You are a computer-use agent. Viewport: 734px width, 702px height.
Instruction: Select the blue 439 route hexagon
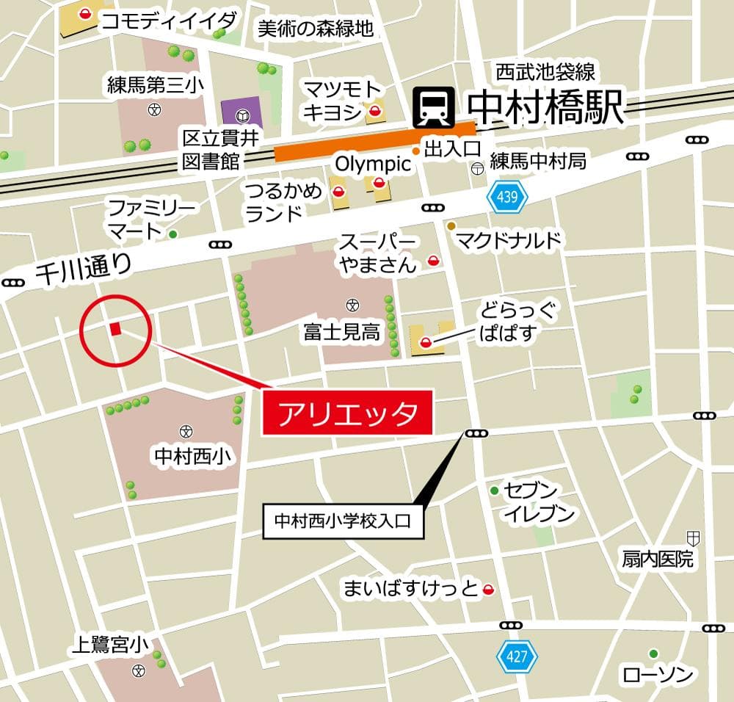[x=502, y=198]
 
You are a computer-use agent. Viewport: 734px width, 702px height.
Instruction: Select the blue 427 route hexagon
[x=518, y=656]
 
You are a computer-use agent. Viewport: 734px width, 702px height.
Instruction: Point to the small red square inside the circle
[x=115, y=329]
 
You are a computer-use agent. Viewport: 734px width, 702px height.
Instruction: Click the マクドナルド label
[x=509, y=239]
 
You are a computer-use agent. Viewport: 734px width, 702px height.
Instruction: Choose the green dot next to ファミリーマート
[x=173, y=234]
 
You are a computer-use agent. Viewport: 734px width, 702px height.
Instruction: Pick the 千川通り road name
[x=83, y=270]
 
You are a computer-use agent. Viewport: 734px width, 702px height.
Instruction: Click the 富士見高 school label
[x=342, y=333]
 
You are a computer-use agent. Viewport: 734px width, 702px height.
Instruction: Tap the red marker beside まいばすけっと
[x=489, y=588]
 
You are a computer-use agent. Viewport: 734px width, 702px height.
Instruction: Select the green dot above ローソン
[x=653, y=653]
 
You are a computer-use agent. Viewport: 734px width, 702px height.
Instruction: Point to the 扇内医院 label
[x=656, y=559]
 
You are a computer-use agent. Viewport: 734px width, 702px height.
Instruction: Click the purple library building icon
[x=241, y=115]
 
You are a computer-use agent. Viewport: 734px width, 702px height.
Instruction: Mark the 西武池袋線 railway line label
[x=545, y=72]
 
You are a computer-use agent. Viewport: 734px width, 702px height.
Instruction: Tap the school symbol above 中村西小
[x=185, y=431]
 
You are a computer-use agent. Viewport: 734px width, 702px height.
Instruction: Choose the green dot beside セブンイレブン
[x=495, y=491]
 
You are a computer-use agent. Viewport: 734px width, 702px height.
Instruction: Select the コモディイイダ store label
[x=169, y=20]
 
